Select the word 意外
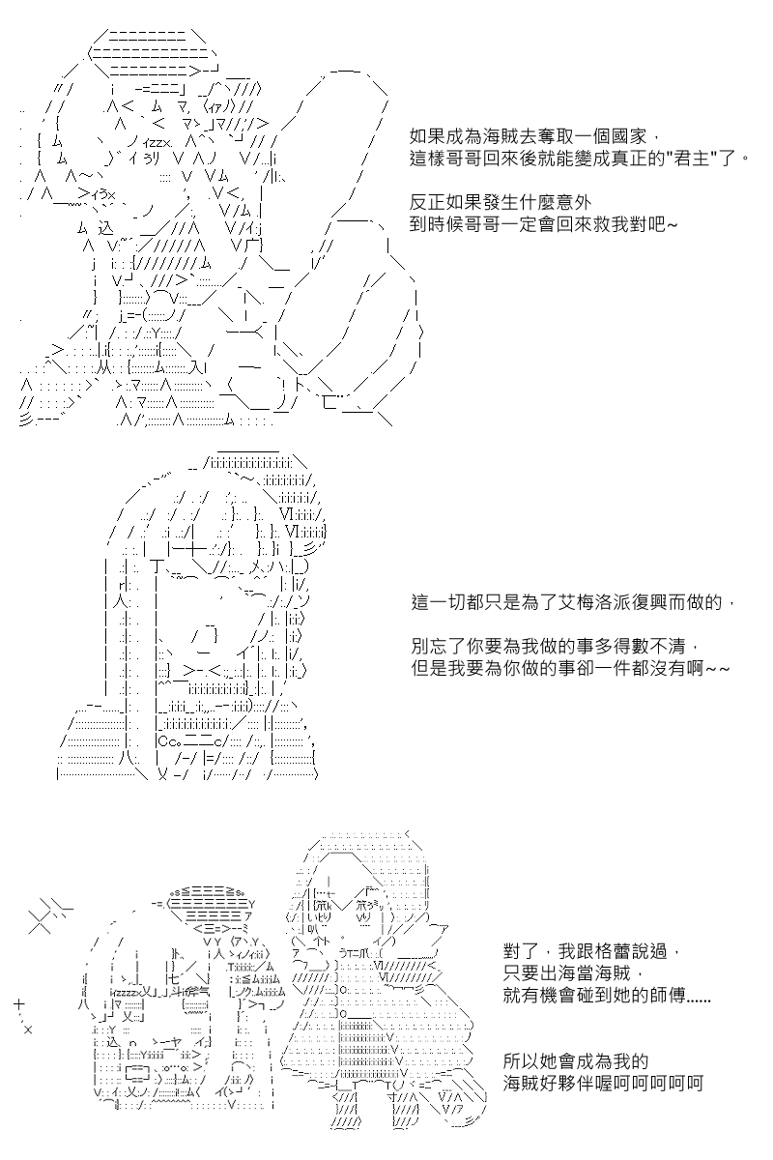573,202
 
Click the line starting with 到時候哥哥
543,224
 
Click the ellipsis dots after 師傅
699,1000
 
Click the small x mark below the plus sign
28,1030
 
